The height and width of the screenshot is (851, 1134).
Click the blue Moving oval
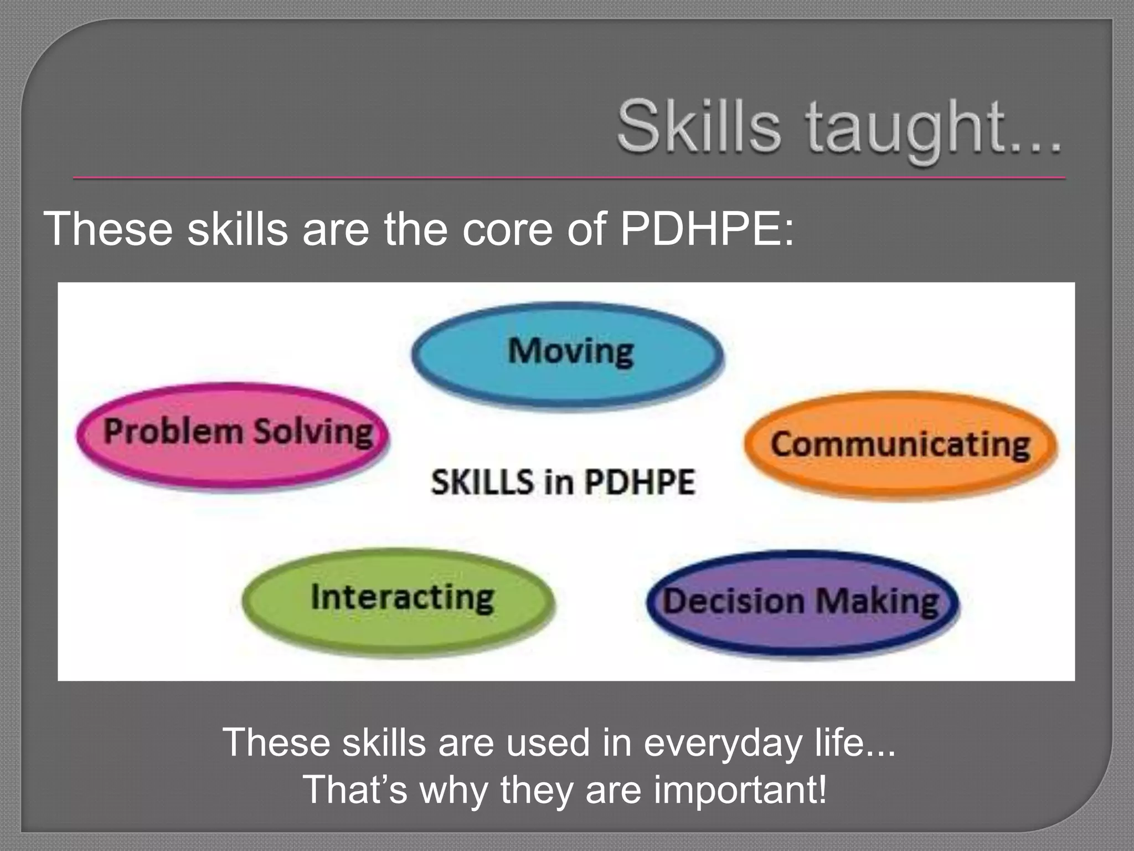pyautogui.click(x=568, y=355)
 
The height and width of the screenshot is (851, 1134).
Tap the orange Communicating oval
pyautogui.click(x=900, y=446)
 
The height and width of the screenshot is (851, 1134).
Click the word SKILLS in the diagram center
pyautogui.click(x=482, y=482)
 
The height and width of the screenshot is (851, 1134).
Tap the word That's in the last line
pyautogui.click(x=355, y=790)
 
